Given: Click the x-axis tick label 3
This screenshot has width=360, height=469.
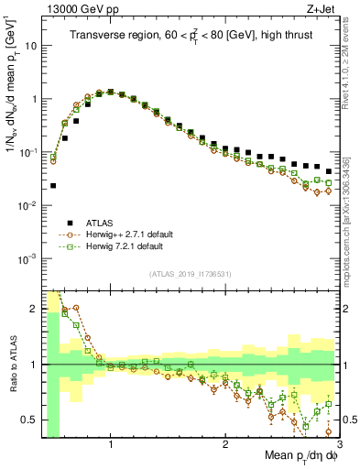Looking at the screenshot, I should tap(338, 443).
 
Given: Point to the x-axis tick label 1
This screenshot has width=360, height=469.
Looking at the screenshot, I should tap(111, 443).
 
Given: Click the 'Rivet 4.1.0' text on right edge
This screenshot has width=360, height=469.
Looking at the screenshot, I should tap(351, 64).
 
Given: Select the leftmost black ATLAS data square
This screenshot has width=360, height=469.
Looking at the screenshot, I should tap(53, 186).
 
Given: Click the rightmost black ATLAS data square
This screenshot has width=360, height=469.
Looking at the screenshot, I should tap(328, 171).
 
